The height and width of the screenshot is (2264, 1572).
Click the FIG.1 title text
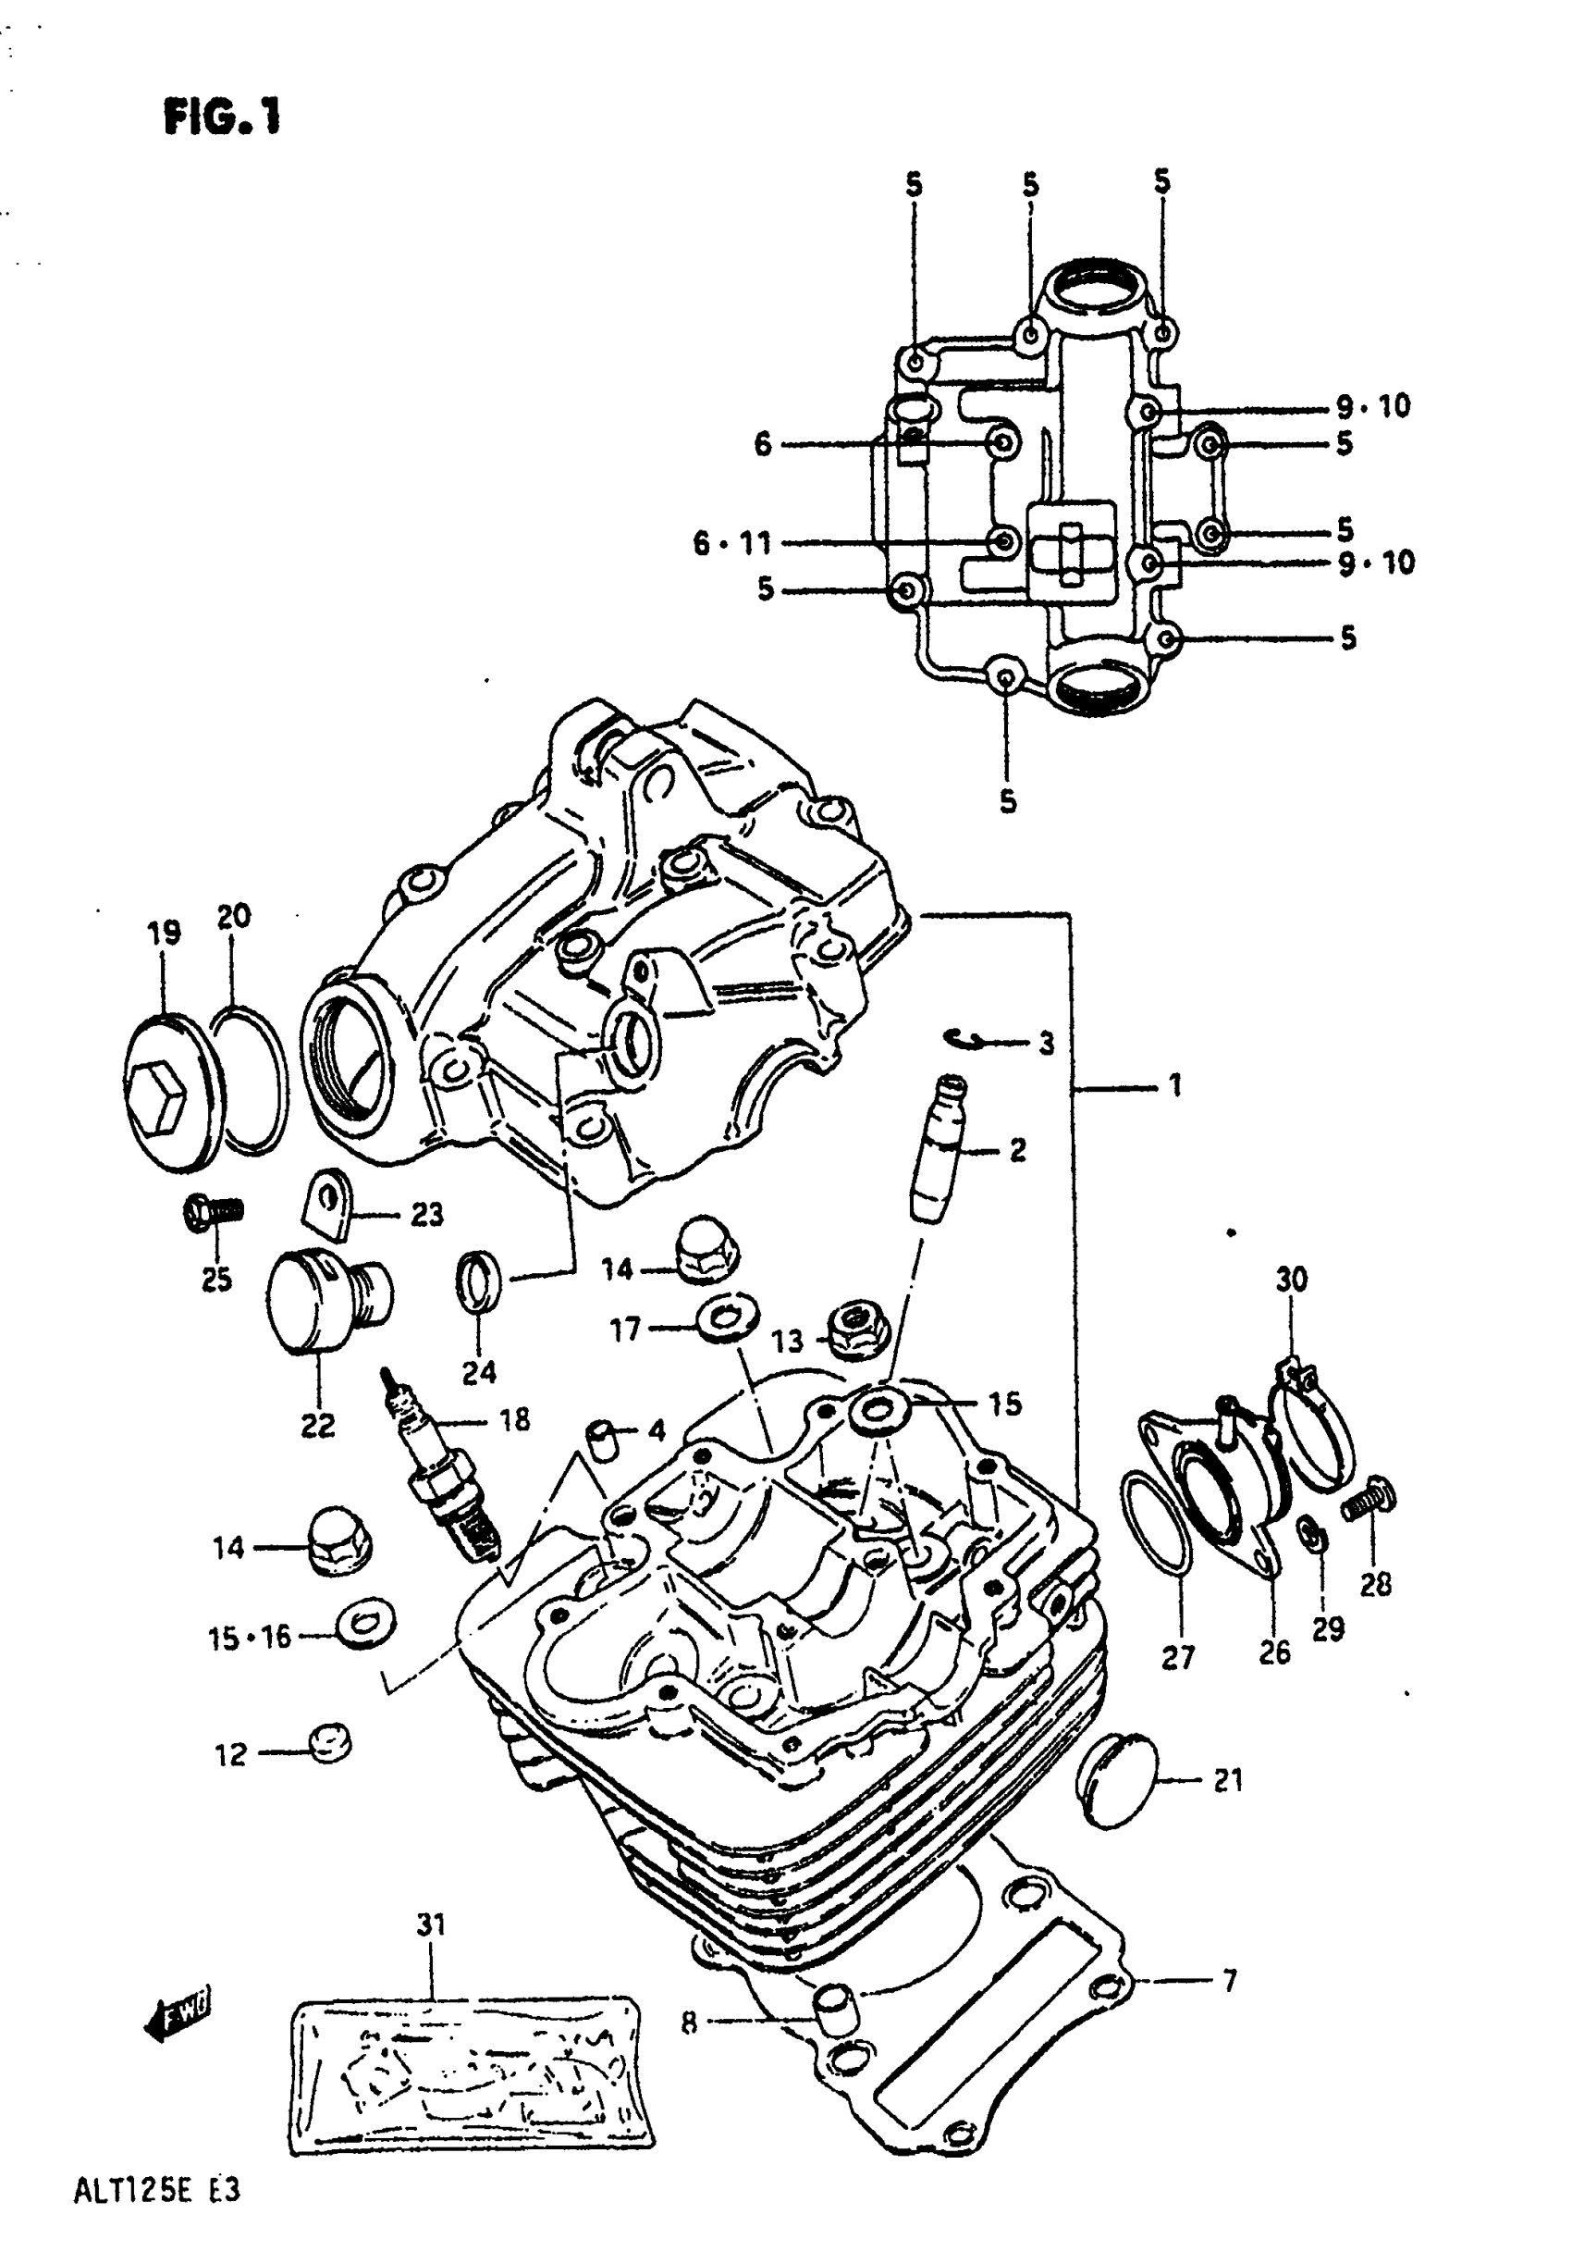coord(223,118)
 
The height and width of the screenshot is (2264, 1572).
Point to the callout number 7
coord(1229,1980)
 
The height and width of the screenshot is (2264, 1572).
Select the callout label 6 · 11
coord(731,543)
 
